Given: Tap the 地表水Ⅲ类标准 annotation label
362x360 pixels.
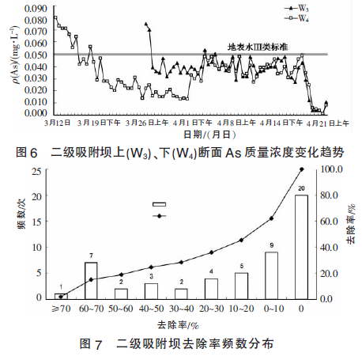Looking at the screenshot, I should coord(258,47).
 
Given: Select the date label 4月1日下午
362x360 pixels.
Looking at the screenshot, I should coord(193,123).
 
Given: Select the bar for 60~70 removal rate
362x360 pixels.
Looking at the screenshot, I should coord(92,281).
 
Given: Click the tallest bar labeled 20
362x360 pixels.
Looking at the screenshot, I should coord(301,247).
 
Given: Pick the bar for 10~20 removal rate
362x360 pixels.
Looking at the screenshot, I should coord(241,286).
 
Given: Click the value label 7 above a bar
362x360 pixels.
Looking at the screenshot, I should coord(92,256).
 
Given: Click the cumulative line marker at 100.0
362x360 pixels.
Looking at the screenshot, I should coord(301,169).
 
